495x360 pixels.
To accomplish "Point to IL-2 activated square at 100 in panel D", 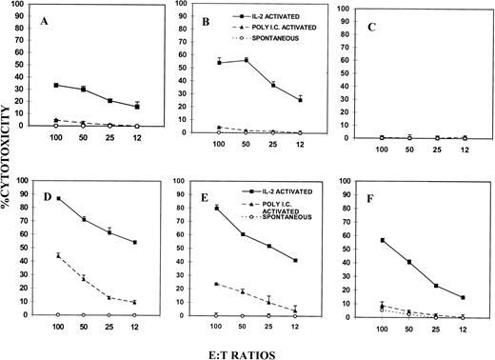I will tap(59, 198).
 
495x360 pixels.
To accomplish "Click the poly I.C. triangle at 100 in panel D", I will tap(59, 255).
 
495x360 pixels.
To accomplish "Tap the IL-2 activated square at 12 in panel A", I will tap(139, 106).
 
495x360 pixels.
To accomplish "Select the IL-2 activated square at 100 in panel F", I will tap(383, 240).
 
